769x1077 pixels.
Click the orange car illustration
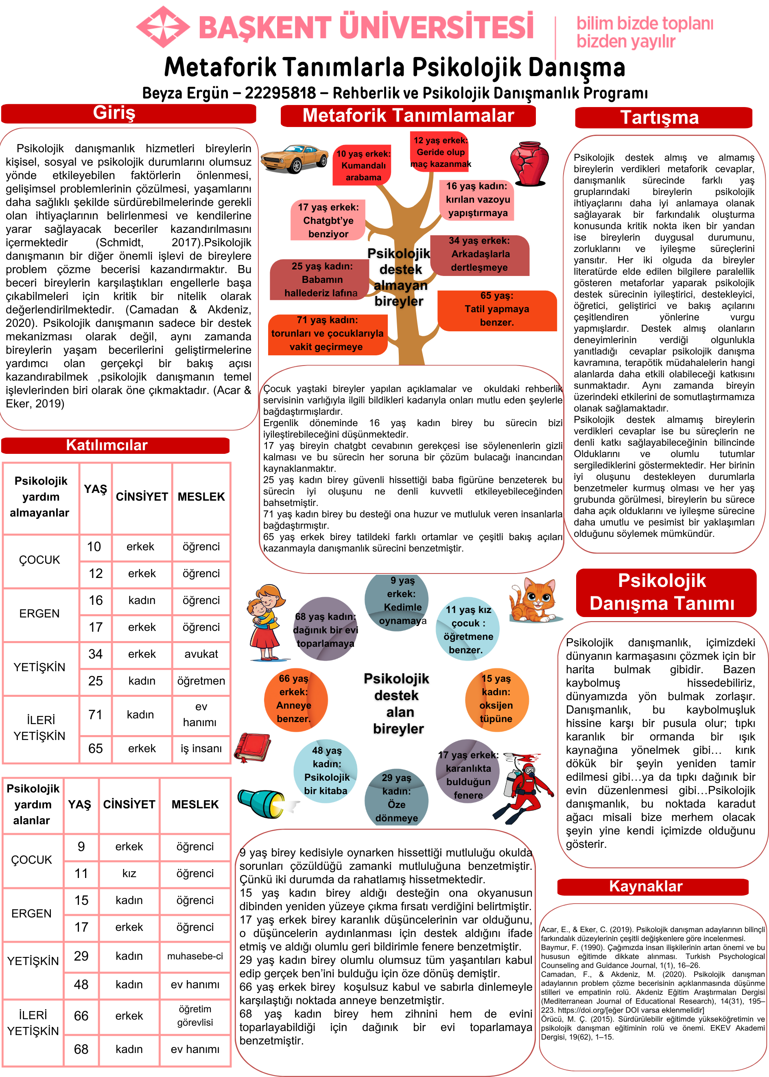tap(294, 158)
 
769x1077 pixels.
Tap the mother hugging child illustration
tap(265, 622)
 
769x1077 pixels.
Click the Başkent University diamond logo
tap(163, 27)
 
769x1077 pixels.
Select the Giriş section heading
tap(114, 113)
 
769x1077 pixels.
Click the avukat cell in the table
tap(201, 654)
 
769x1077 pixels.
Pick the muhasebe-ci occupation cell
tap(194, 956)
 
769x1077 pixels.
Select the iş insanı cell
tap(201, 748)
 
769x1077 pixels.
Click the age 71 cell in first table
tap(95, 714)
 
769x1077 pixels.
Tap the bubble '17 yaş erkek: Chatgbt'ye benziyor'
tap(328, 220)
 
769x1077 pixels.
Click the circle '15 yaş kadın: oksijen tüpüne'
tap(496, 698)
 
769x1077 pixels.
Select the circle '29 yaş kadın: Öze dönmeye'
tap(396, 797)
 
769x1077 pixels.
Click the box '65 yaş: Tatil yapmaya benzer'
tap(496, 309)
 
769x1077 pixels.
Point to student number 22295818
tap(280, 93)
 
